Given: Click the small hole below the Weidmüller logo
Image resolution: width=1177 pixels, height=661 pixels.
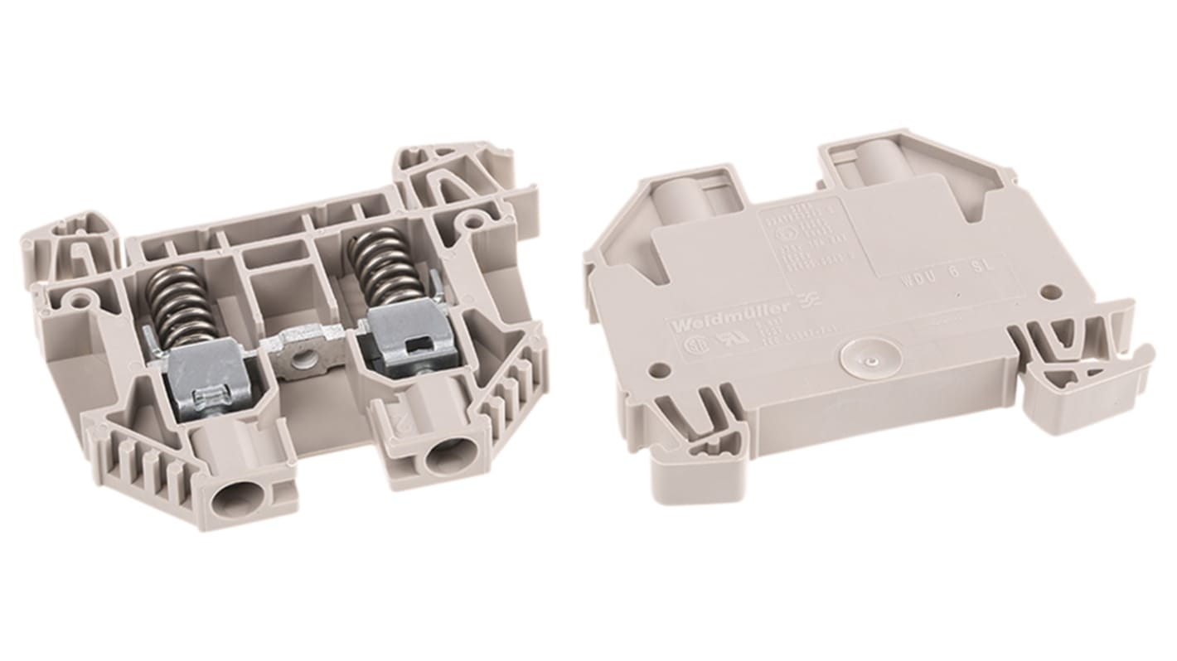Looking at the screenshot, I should point(661,364).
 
